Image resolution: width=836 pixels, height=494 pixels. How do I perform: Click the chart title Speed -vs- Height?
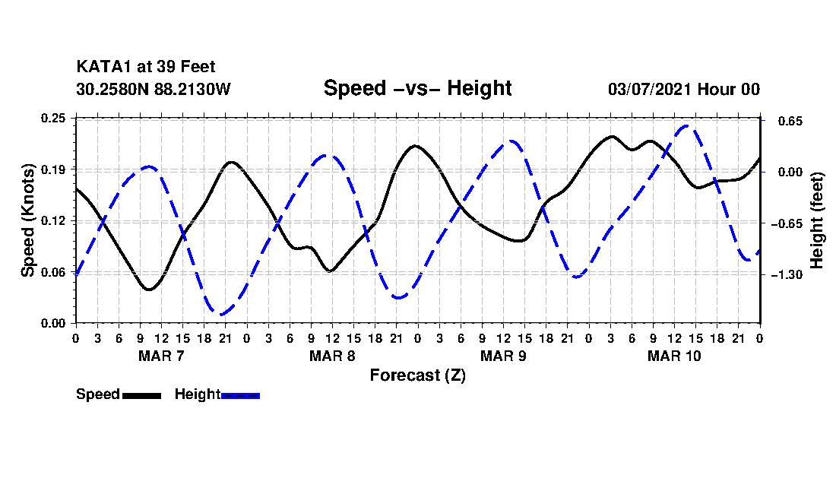click(417, 88)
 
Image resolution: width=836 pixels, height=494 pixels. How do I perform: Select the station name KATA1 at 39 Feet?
click(146, 67)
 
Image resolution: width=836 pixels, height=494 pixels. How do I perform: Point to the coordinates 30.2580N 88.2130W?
click(154, 89)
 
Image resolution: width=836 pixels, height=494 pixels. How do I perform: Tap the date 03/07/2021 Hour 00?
click(684, 89)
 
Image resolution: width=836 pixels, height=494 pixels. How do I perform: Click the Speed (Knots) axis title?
click(27, 220)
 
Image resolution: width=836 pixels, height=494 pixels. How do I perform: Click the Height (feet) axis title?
click(816, 220)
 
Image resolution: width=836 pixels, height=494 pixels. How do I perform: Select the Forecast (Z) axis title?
click(417, 375)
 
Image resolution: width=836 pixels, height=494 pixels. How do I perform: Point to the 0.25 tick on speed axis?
click(53, 118)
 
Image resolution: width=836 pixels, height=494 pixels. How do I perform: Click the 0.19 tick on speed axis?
click(53, 169)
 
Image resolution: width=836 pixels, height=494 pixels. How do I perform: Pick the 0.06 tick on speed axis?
click(53, 272)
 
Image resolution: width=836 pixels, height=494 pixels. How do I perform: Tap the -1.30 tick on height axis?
click(787, 275)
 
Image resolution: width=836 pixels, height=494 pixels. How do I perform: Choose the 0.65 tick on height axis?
click(790, 122)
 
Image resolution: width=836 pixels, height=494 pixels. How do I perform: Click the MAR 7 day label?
click(161, 356)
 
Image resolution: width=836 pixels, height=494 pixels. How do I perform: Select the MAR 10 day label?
click(674, 356)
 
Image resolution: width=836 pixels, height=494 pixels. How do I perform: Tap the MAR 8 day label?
click(332, 356)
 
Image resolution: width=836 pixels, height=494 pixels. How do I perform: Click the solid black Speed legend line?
click(142, 396)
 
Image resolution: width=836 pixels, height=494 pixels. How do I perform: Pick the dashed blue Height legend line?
click(240, 396)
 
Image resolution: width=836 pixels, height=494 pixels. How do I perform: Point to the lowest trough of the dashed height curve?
click(221, 315)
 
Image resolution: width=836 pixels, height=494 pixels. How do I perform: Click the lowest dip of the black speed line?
click(149, 290)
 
